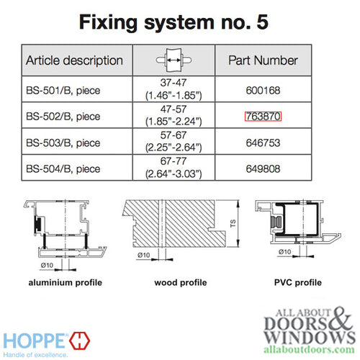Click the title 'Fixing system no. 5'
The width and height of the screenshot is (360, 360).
pyautogui.click(x=181, y=22)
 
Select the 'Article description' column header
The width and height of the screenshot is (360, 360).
pyautogui.click(x=75, y=60)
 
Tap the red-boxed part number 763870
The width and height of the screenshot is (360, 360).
pyautogui.click(x=262, y=116)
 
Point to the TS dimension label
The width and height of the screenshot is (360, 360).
pyautogui.click(x=232, y=223)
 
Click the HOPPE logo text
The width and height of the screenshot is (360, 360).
pyautogui.click(x=37, y=338)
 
